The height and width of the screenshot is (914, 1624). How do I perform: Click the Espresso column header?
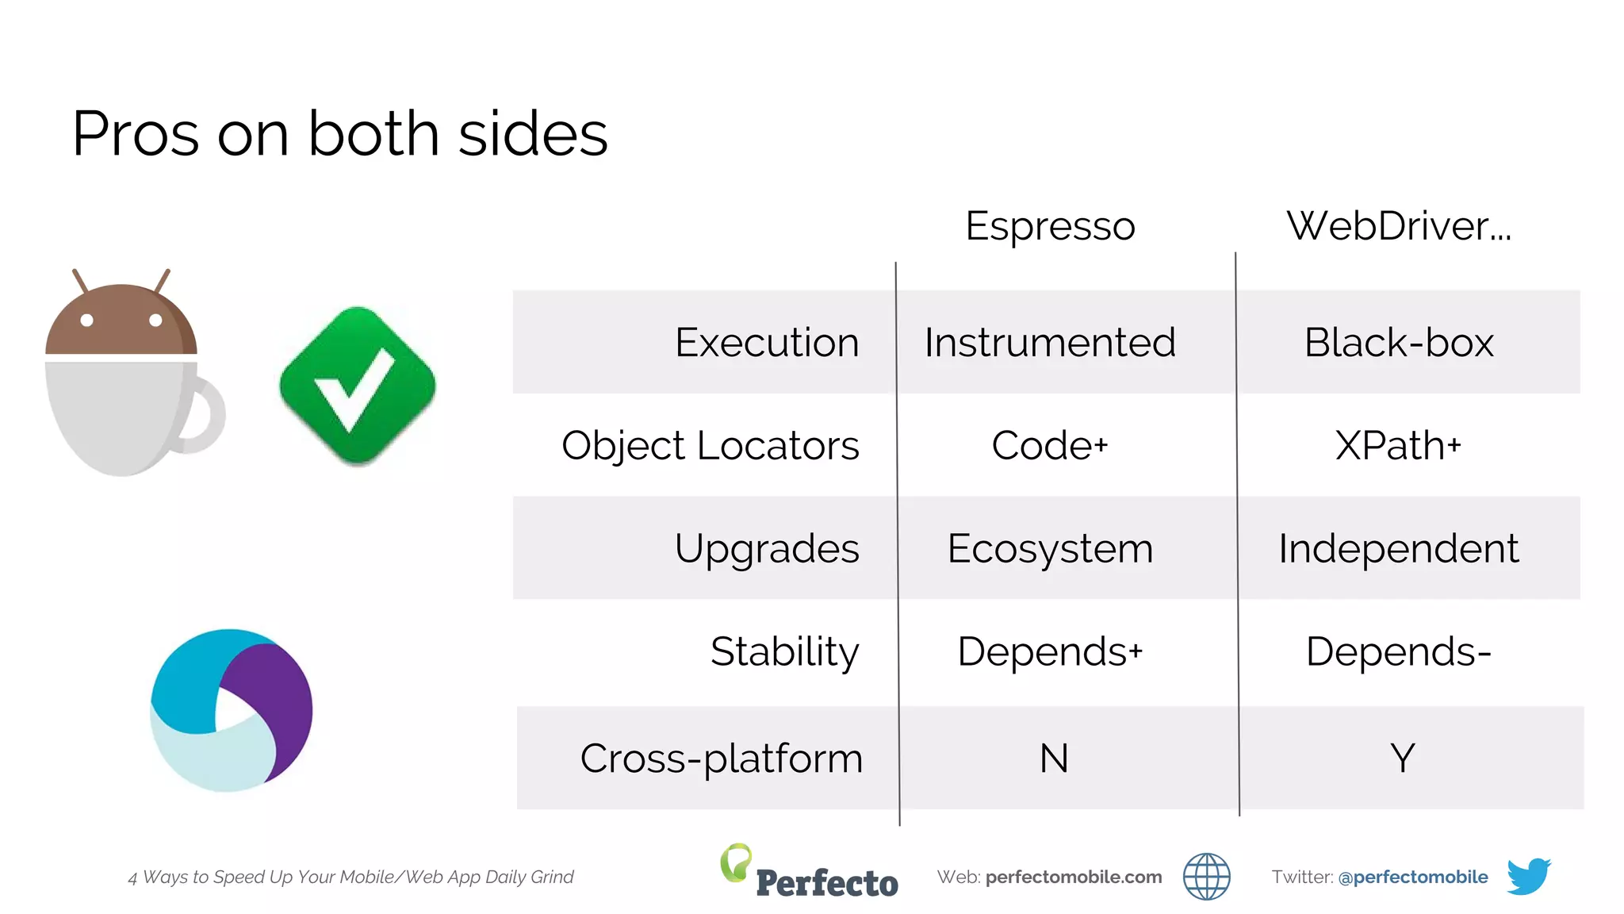point(1050,226)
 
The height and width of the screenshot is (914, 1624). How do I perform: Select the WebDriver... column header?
point(1399,226)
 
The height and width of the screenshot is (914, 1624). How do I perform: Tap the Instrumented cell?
point(1050,343)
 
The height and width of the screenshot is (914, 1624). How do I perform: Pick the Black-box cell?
point(1399,343)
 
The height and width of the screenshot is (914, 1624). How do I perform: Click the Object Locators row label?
point(710,446)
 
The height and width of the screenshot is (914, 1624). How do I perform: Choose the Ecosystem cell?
point(1050,549)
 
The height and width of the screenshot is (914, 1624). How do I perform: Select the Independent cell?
point(1399,549)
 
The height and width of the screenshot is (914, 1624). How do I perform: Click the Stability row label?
point(784,652)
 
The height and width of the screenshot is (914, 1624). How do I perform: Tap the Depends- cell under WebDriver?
point(1399,652)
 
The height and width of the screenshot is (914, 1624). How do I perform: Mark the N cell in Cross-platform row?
point(1054,758)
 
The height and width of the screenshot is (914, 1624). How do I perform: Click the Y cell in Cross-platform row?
point(1402,758)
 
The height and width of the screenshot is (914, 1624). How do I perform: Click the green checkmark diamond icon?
point(358,386)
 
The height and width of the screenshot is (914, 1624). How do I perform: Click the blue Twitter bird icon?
point(1528,876)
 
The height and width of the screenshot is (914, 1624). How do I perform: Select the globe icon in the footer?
point(1206,877)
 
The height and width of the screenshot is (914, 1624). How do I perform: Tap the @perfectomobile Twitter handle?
point(1412,877)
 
